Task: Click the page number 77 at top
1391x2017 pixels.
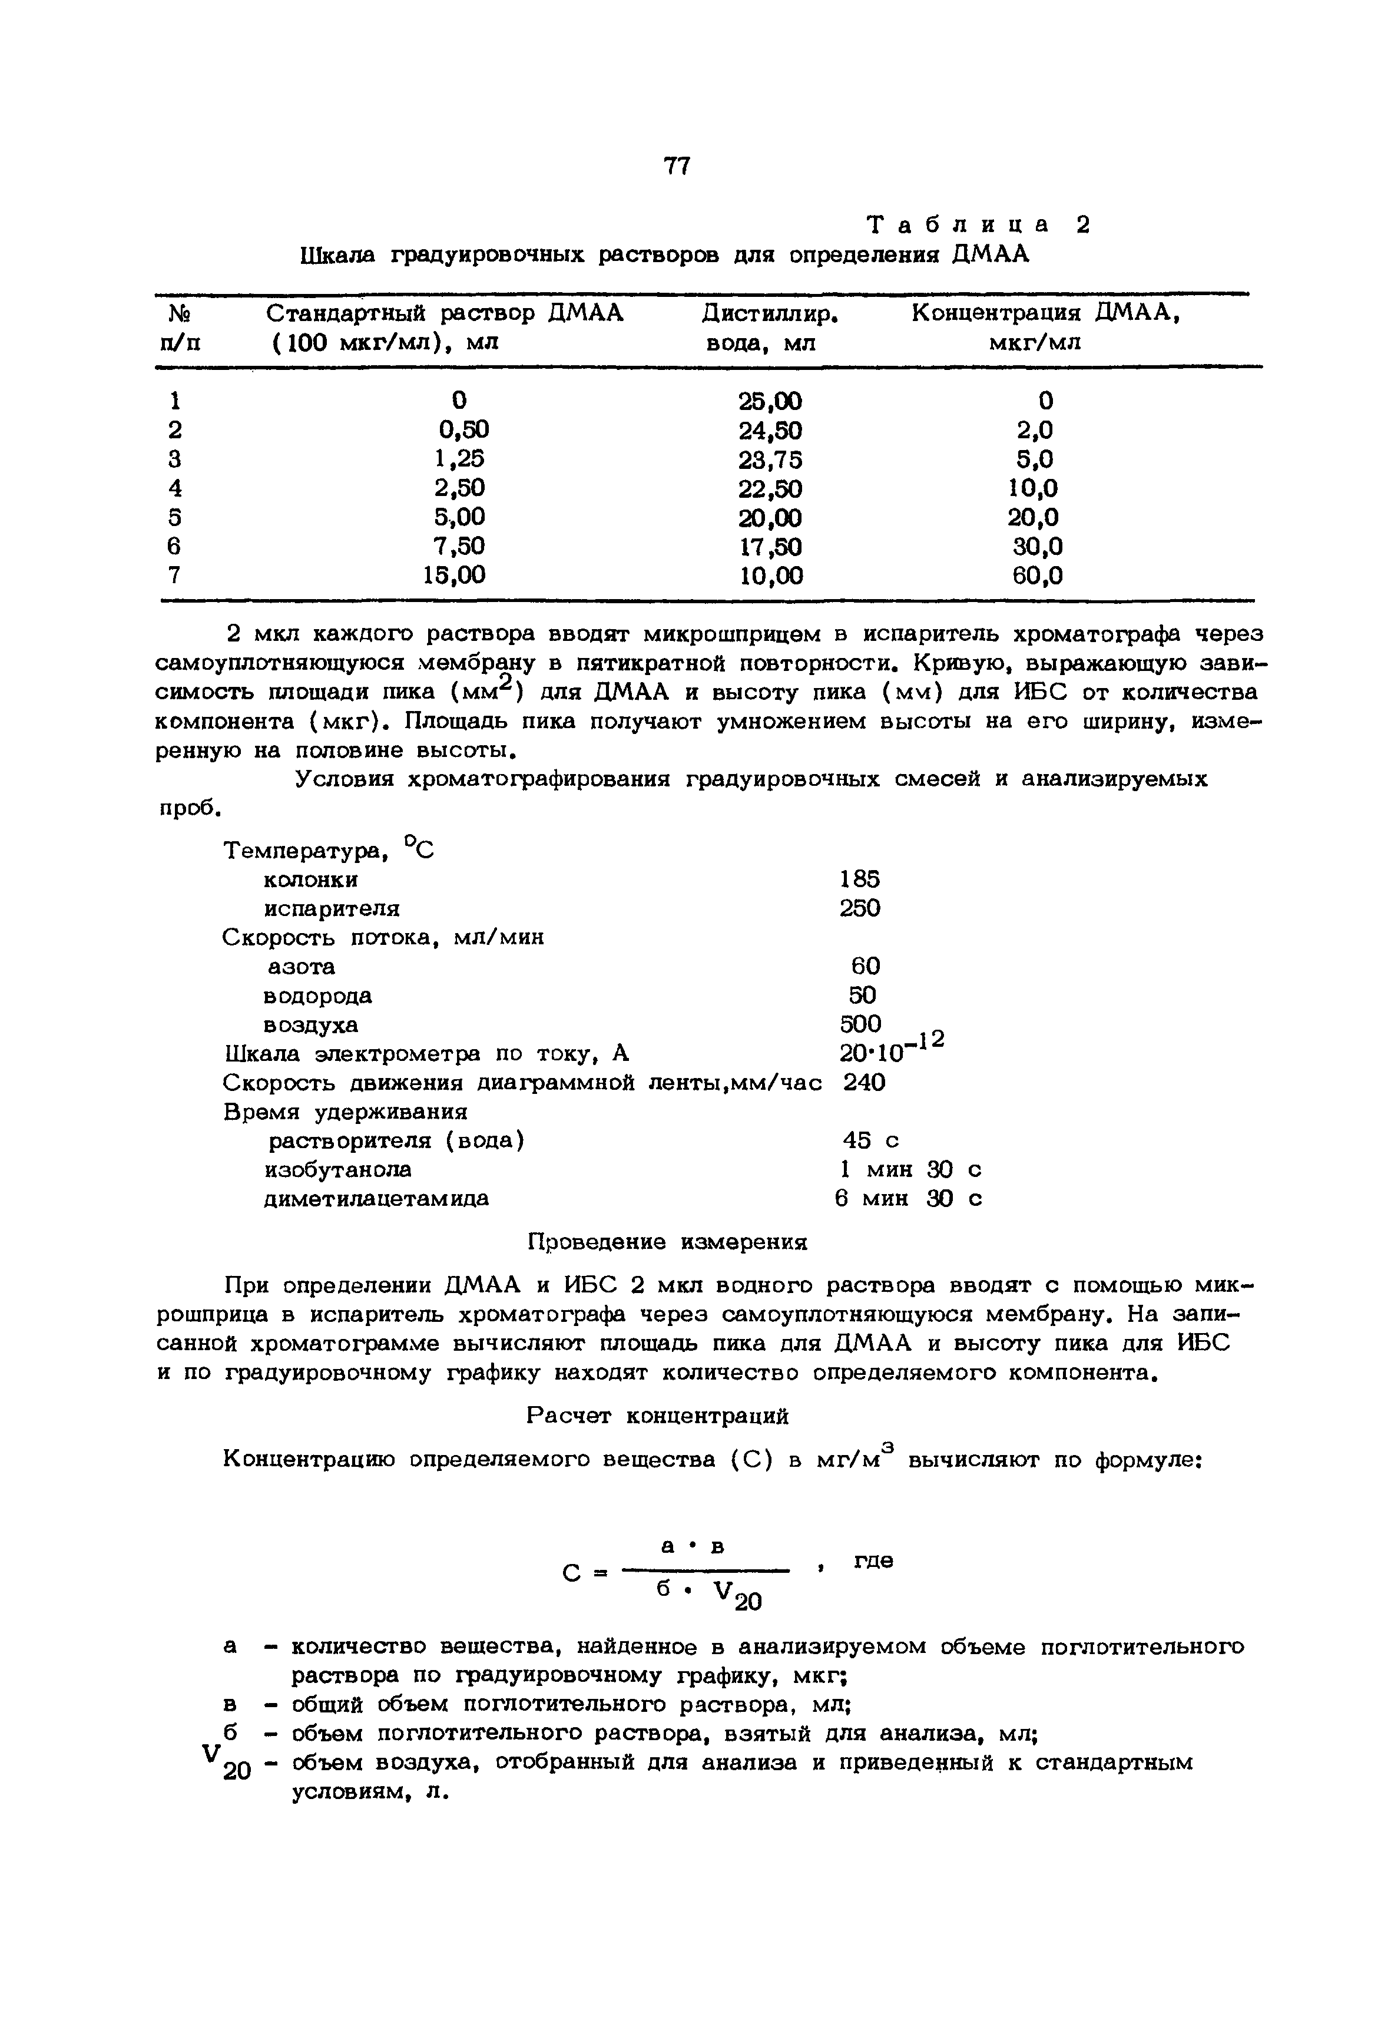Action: (676, 166)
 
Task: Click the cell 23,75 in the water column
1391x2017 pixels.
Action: (770, 459)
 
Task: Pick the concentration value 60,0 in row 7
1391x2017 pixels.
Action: (1037, 576)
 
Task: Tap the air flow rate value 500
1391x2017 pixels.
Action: (860, 1023)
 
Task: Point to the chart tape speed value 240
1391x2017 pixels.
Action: (864, 1083)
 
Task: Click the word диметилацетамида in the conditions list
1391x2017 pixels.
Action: (376, 1199)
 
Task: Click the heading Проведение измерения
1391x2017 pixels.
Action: (668, 1242)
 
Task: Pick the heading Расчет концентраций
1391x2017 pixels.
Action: (658, 1416)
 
